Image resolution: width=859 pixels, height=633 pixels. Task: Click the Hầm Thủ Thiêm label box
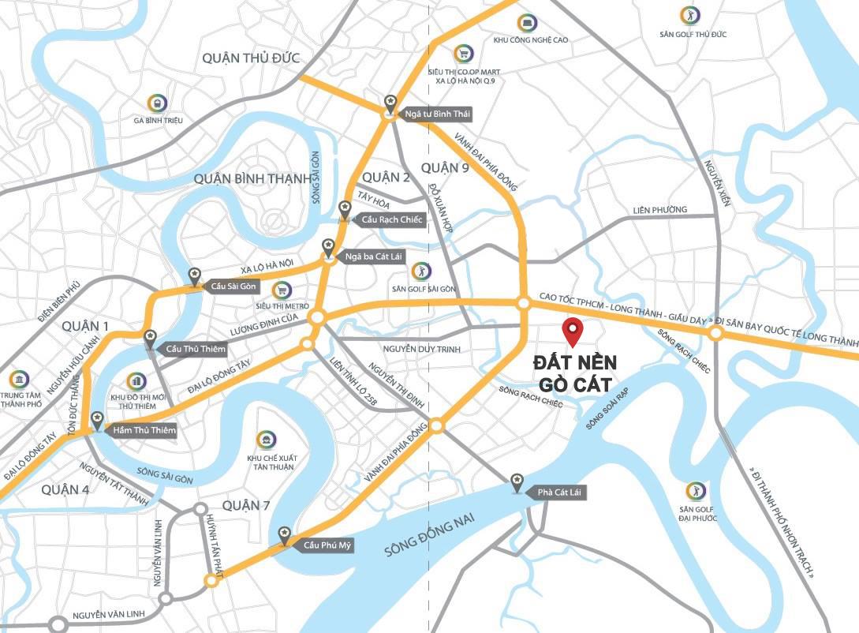pos(144,430)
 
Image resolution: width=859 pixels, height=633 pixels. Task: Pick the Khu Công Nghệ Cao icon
pos(528,23)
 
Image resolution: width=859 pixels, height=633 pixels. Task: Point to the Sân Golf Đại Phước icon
pos(695,490)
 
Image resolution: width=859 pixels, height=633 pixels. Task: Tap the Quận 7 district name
pos(246,504)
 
